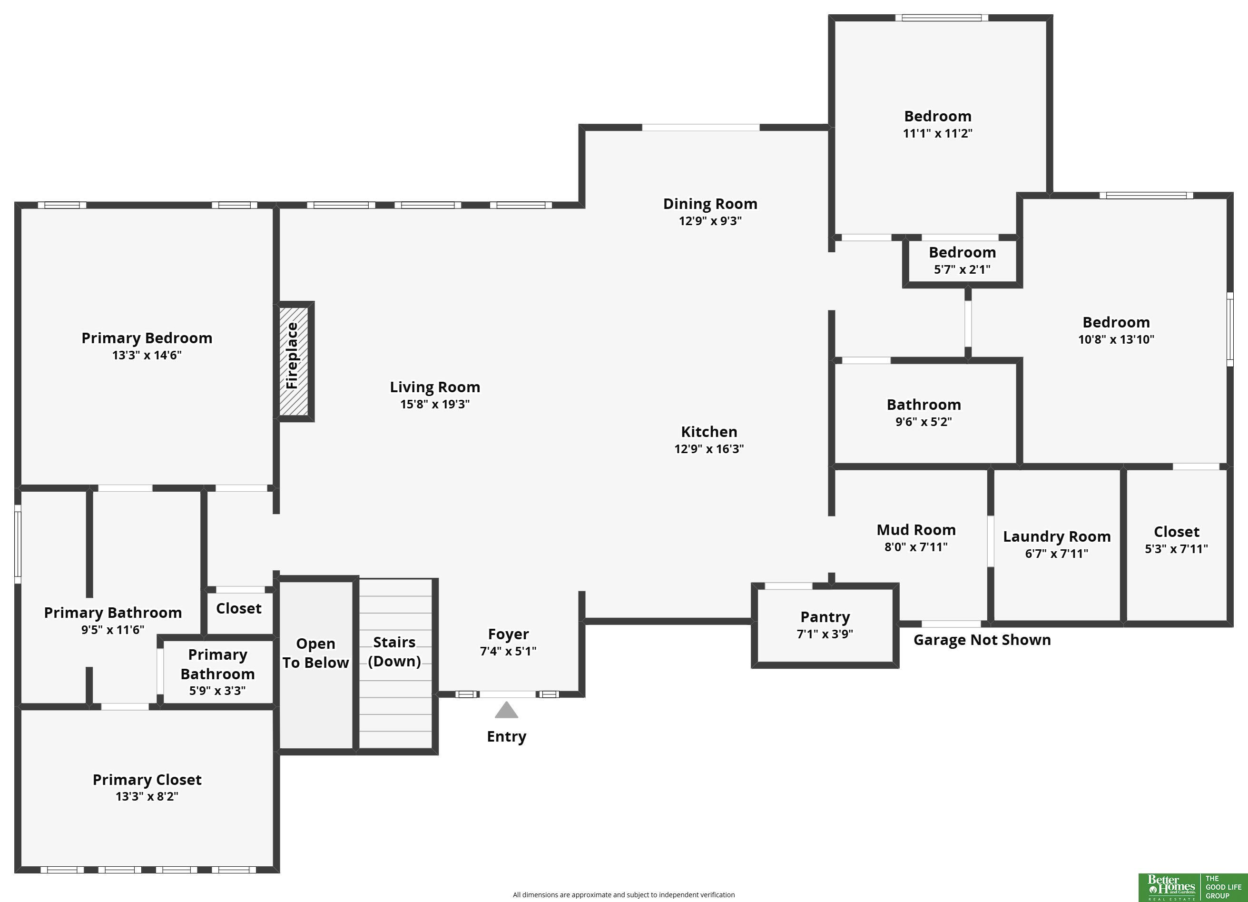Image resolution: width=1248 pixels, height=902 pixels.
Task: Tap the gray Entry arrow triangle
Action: (x=506, y=709)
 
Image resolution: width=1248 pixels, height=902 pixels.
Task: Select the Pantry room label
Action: (x=825, y=617)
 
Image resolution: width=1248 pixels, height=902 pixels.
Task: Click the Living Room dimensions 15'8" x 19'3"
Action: (x=435, y=404)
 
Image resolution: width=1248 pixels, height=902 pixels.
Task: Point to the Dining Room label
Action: (x=710, y=204)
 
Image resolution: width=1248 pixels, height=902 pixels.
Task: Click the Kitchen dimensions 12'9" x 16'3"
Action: (x=709, y=448)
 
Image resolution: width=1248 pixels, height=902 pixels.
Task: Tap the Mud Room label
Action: (x=916, y=529)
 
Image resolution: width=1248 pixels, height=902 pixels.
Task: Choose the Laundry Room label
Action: (x=1057, y=536)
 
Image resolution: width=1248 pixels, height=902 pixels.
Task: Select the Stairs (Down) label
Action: (x=394, y=652)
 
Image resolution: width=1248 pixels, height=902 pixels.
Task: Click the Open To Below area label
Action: (x=316, y=653)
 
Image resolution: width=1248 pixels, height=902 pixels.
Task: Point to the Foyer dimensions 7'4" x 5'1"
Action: (x=508, y=651)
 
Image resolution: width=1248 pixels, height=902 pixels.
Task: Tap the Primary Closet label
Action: (x=147, y=779)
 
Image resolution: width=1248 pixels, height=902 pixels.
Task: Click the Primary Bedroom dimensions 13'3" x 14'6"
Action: (x=147, y=355)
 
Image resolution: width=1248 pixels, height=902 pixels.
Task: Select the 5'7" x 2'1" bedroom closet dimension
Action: (x=962, y=269)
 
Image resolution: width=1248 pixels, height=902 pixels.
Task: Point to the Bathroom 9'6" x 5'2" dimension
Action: (x=924, y=422)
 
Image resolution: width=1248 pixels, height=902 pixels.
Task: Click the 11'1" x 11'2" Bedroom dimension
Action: (x=938, y=133)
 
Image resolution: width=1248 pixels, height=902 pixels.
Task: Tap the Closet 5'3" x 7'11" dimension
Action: (x=1177, y=549)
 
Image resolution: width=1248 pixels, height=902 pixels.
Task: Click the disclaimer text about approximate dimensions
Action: (x=623, y=895)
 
